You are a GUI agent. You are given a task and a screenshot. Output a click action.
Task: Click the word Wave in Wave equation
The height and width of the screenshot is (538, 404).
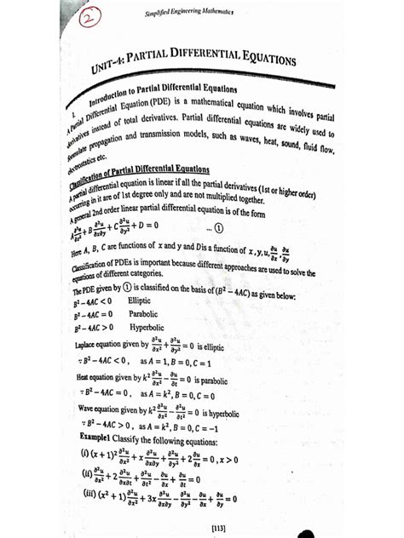(x=87, y=408)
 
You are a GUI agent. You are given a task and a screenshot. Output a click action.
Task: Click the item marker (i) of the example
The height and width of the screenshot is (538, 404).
(x=86, y=457)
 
